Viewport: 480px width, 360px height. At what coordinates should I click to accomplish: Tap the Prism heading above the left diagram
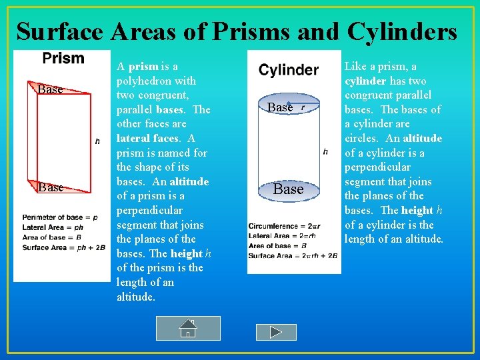pyautogui.click(x=63, y=59)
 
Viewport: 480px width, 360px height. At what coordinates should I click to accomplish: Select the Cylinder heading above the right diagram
pyautogui.click(x=289, y=70)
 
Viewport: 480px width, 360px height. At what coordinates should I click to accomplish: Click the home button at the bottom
pyautogui.click(x=188, y=329)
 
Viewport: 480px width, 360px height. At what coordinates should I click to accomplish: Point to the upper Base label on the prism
pyautogui.click(x=50, y=89)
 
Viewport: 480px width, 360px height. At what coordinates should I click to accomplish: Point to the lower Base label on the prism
pyautogui.click(x=50, y=187)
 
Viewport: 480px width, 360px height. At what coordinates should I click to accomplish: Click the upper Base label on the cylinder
pyautogui.click(x=280, y=107)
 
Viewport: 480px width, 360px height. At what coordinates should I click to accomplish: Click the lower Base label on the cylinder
pyautogui.click(x=288, y=189)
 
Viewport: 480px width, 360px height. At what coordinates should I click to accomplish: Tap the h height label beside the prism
pyautogui.click(x=98, y=141)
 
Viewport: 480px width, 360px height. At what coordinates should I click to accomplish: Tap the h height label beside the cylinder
pyautogui.click(x=325, y=152)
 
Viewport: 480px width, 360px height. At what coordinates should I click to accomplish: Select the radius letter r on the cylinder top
pyautogui.click(x=303, y=107)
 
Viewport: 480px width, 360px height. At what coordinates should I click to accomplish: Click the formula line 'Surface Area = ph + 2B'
pyautogui.click(x=63, y=247)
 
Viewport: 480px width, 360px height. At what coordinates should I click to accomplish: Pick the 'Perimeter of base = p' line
pyautogui.click(x=59, y=217)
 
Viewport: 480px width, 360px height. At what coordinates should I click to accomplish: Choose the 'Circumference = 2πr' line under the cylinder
pyautogui.click(x=284, y=225)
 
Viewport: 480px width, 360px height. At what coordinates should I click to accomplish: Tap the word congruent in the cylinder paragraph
pyautogui.click(x=371, y=95)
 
